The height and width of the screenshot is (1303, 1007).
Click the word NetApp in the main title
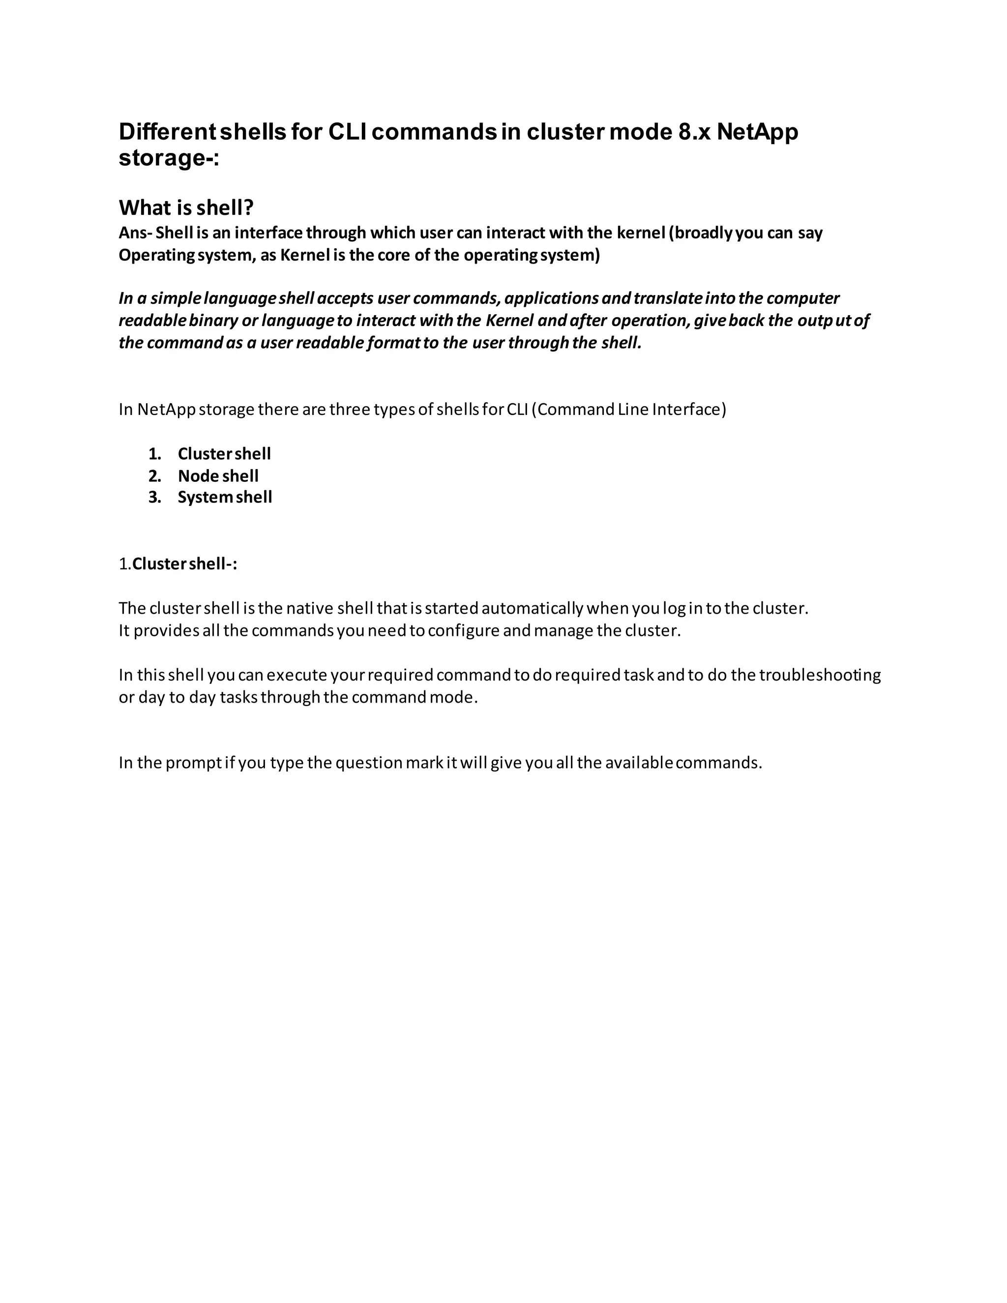point(757,132)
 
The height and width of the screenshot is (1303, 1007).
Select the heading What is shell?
point(186,207)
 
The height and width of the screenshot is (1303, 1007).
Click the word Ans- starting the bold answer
point(135,233)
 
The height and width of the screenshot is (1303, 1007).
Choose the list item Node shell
point(218,475)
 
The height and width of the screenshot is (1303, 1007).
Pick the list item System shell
point(225,497)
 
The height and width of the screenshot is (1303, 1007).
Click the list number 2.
point(155,475)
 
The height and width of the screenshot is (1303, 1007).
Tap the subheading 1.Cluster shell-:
point(178,564)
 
